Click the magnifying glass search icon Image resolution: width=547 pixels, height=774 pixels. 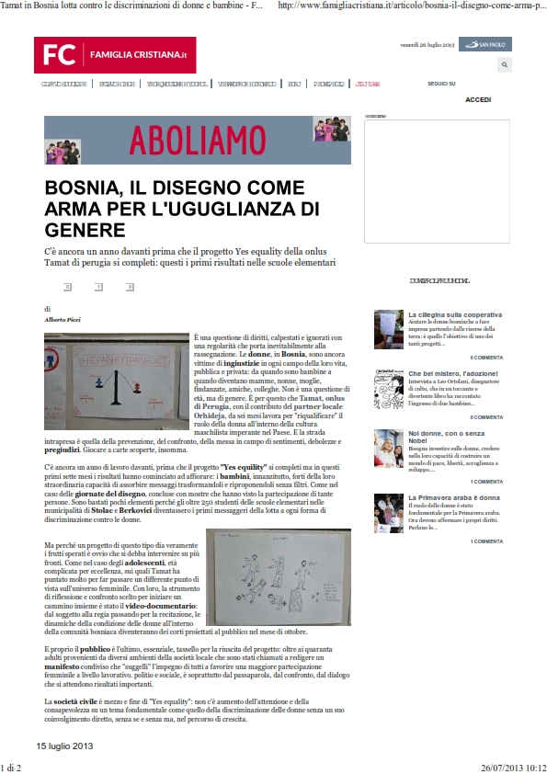pos(504,65)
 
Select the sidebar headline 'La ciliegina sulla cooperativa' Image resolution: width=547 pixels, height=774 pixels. pos(455,314)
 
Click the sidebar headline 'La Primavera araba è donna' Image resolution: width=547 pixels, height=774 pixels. pos(451,497)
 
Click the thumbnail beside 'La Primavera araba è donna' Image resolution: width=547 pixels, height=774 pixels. pos(388,513)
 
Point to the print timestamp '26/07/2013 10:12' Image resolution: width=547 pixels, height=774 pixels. pos(513,766)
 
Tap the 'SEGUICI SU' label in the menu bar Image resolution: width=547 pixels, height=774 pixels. pos(441,84)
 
